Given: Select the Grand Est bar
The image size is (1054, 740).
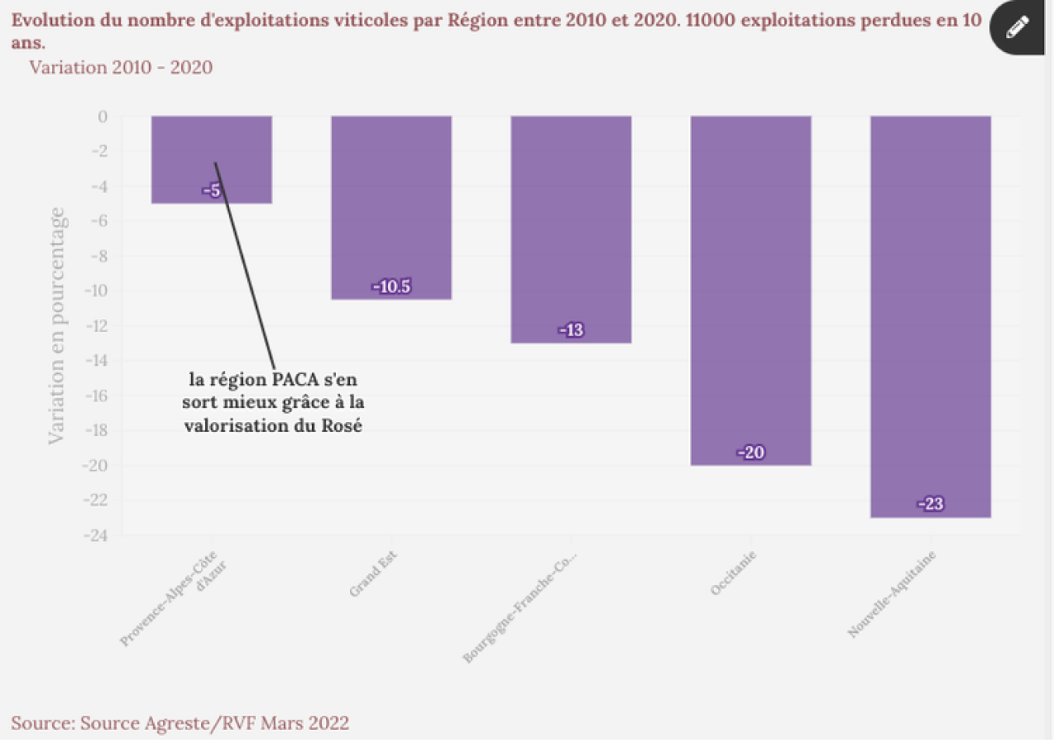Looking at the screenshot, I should click(391, 206).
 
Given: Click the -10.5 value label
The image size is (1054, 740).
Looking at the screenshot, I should click(391, 287).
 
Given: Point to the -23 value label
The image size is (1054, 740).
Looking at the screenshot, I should click(930, 504).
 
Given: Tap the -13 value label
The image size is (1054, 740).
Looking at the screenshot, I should click(571, 330).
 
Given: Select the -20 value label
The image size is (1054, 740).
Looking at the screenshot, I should click(750, 452).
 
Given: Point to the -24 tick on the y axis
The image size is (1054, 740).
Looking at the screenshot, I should click(96, 536).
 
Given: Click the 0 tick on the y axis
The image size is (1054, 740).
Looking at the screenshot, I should click(103, 116).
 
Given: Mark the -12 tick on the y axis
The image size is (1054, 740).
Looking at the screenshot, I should click(96, 326).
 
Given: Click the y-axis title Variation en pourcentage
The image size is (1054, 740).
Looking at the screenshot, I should click(56, 326).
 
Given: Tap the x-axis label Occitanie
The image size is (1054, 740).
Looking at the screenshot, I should click(732, 574).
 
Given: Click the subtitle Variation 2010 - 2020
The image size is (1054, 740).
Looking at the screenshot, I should click(121, 67).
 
